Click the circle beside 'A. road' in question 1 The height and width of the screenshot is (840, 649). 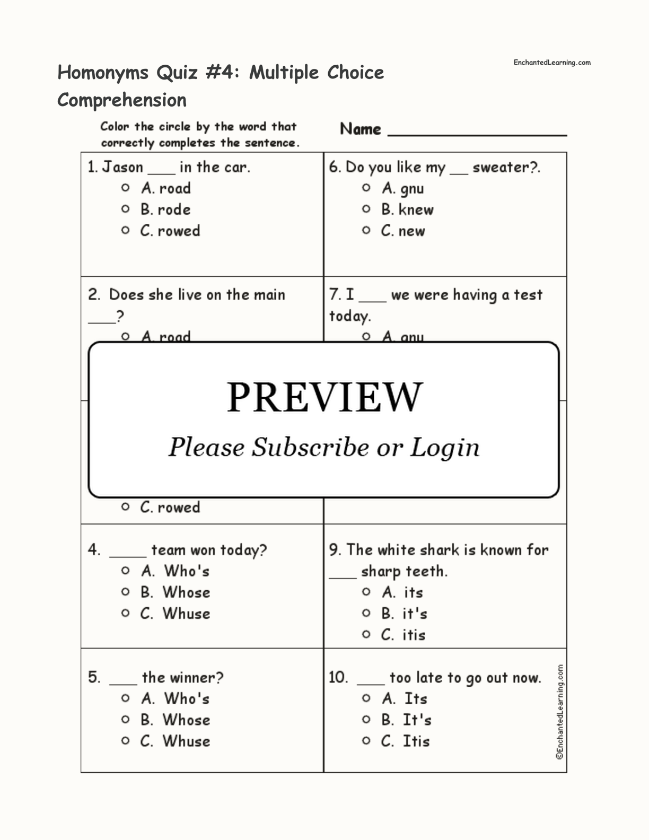tap(125, 188)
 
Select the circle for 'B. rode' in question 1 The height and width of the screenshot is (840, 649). tap(125, 209)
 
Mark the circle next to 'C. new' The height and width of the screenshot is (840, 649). tap(366, 231)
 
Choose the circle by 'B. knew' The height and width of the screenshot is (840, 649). tap(366, 209)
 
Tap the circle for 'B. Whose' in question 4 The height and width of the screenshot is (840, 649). tap(125, 592)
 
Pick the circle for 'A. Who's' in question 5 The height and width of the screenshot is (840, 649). tap(125, 698)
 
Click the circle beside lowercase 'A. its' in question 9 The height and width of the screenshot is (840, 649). tap(366, 592)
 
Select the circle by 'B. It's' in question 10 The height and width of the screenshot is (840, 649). tap(366, 720)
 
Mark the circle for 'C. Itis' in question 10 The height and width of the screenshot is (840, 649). tap(366, 741)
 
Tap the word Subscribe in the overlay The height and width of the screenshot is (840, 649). tap(310, 447)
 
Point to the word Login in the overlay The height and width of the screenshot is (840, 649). tap(444, 447)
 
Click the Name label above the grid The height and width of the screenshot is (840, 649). tap(361, 129)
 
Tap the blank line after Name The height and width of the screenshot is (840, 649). tap(477, 134)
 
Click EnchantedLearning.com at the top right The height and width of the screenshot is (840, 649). tap(551, 63)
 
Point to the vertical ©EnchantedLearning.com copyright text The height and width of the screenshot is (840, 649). tap(560, 712)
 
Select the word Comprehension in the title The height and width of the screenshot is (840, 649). tap(122, 100)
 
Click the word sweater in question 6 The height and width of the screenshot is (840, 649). tap(501, 168)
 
